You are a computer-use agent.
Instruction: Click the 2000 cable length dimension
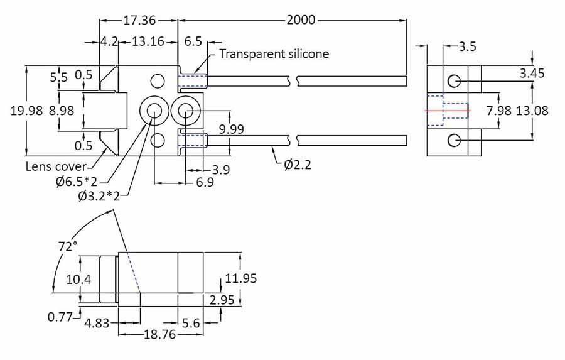(x=301, y=20)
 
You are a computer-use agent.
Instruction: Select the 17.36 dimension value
(x=139, y=20)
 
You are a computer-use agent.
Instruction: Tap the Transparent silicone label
(x=274, y=54)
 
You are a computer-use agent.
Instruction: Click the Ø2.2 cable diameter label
(x=298, y=165)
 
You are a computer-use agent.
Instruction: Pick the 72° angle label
(x=67, y=246)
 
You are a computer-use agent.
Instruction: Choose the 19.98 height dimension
(x=27, y=111)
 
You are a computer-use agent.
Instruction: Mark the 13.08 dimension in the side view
(x=532, y=111)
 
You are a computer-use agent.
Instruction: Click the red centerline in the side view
(x=447, y=111)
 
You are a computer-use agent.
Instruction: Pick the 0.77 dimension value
(x=60, y=317)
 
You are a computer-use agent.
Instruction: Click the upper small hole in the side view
(x=455, y=81)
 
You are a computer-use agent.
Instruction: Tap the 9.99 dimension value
(x=231, y=129)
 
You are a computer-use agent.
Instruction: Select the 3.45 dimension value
(x=532, y=74)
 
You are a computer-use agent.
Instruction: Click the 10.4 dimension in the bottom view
(x=79, y=278)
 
